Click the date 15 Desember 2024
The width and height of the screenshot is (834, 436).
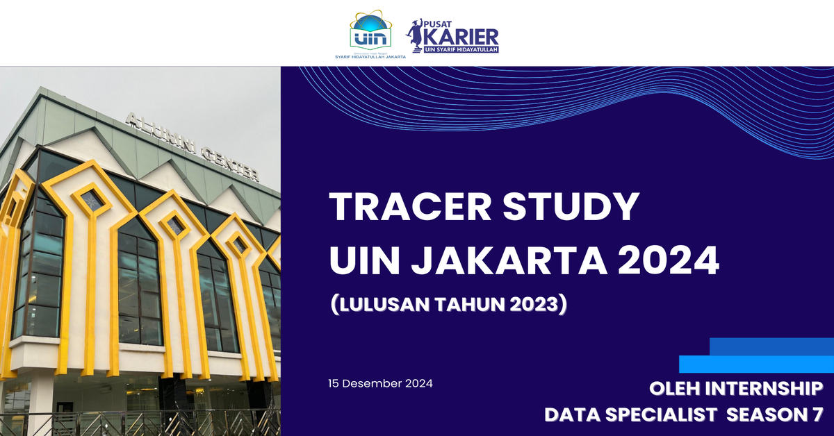[x=381, y=383]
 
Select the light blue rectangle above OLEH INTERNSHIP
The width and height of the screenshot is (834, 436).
[x=756, y=364]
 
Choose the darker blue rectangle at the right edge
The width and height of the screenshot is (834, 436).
[x=771, y=346]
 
